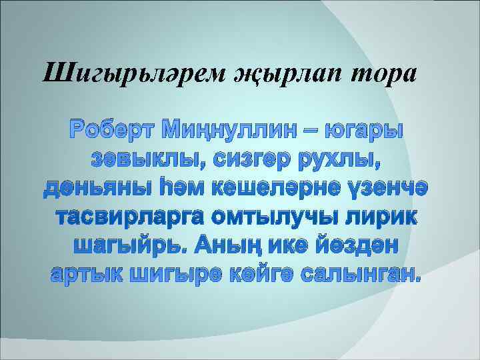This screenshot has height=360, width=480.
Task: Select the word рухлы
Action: click(351, 160)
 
